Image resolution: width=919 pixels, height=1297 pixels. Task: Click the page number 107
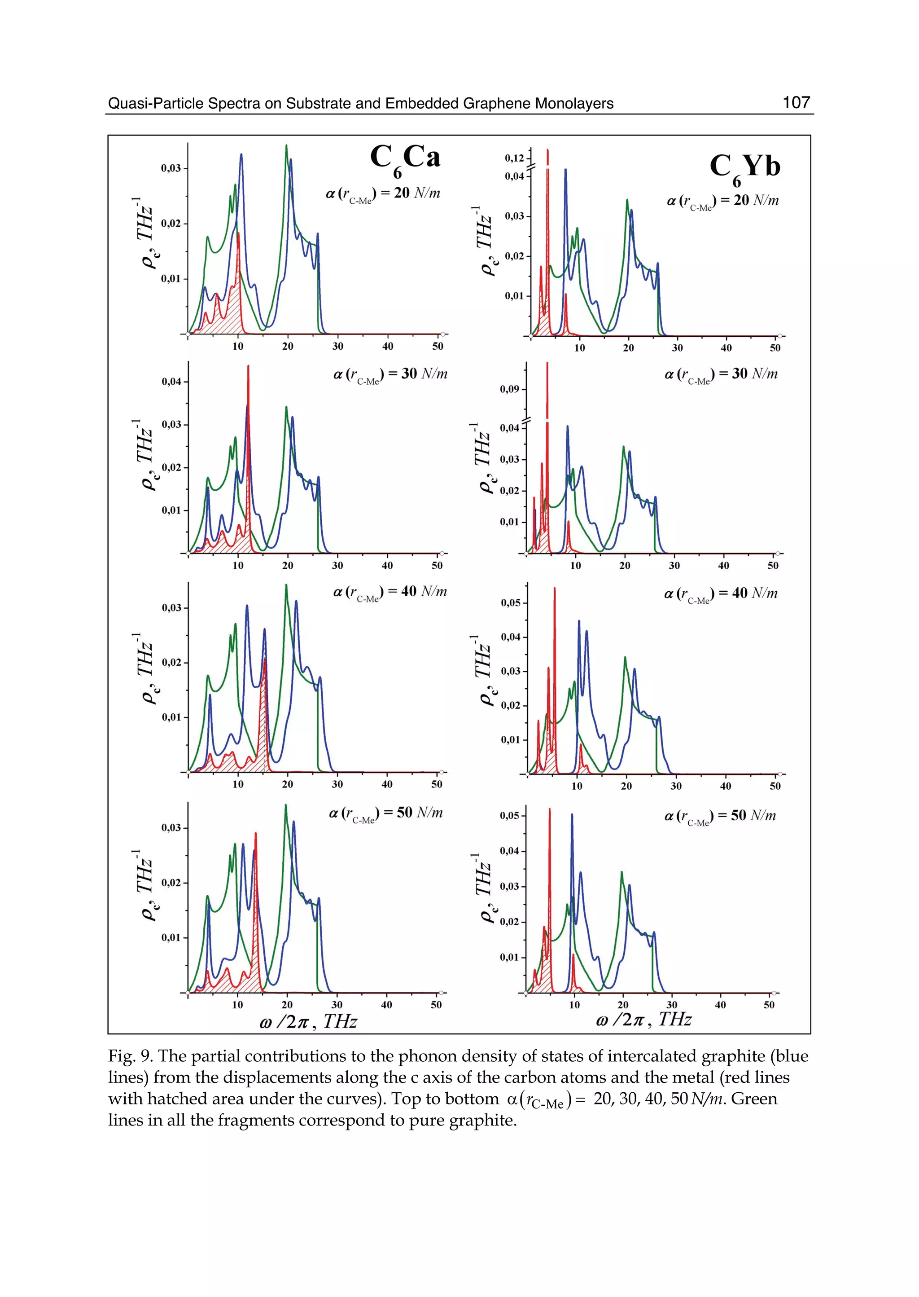tap(796, 102)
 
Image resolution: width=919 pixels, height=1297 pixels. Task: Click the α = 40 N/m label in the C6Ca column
tap(390, 592)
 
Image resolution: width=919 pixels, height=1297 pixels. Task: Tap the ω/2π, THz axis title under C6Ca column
tap(308, 1021)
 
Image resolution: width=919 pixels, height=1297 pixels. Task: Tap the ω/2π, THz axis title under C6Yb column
tap(644, 1020)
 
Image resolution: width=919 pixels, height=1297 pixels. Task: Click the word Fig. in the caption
tap(122, 1056)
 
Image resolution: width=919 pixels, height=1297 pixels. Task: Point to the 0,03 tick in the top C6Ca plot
tap(171, 168)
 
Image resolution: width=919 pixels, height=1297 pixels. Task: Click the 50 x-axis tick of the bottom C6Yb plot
tap(769, 1005)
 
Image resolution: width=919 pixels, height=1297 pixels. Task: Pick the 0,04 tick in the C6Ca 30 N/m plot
tap(171, 382)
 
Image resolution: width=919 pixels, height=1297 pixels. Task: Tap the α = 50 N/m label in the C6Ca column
tap(386, 813)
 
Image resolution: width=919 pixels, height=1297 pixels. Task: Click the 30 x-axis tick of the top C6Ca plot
tap(337, 346)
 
